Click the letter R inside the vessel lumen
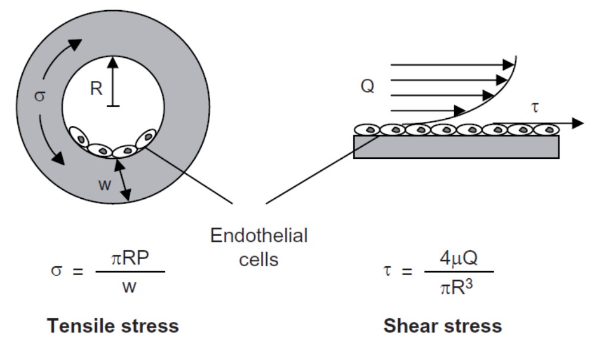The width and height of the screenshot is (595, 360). [96, 89]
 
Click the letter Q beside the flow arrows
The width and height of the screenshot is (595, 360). [367, 87]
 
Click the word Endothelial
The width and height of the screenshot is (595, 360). [259, 236]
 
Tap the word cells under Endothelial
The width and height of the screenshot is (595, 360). [259, 260]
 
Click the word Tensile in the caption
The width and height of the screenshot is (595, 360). [81, 327]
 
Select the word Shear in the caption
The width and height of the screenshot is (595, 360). [407, 327]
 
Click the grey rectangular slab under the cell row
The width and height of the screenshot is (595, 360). [456, 147]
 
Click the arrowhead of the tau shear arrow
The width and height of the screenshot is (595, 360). [576, 123]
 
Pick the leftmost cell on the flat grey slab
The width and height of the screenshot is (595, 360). [368, 129]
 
